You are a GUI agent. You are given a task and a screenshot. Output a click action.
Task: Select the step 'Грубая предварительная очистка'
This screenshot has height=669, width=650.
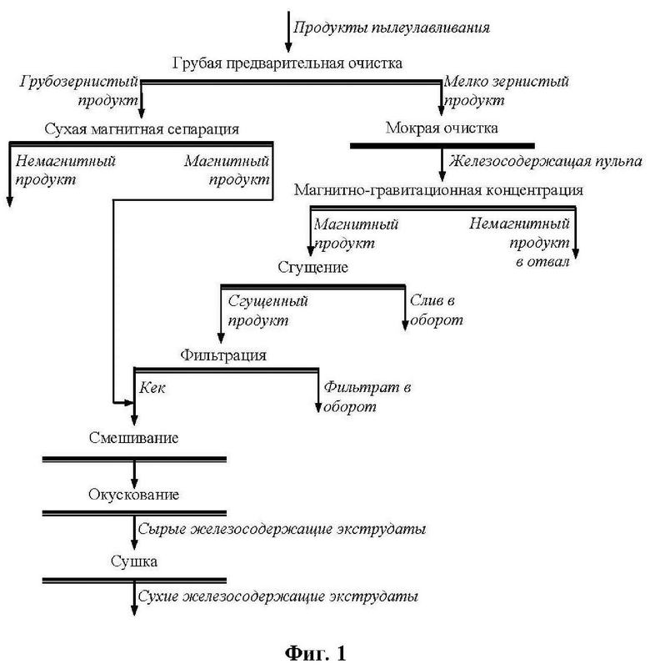[x=287, y=64]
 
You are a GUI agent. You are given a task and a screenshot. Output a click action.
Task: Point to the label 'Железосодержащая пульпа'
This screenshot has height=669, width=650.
[x=533, y=161]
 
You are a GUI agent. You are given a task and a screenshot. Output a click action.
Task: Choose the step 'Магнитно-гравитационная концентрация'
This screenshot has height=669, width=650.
[x=437, y=190]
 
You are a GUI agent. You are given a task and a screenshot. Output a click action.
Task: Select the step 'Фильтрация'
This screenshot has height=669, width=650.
[x=223, y=355]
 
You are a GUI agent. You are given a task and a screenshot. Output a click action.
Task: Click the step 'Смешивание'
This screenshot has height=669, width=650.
[x=134, y=438]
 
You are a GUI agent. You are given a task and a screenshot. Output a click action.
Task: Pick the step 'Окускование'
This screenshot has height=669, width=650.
[x=134, y=495]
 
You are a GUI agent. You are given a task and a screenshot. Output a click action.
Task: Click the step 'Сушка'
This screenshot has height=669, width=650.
[x=134, y=561]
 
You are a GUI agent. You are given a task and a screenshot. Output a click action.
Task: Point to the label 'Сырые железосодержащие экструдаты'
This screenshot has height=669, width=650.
[x=282, y=529]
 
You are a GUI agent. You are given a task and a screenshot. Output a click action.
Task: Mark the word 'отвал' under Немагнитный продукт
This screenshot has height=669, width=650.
[x=550, y=262]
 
